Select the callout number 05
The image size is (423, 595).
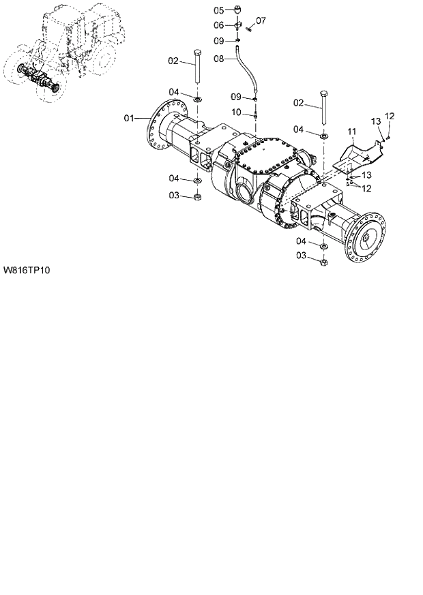218,10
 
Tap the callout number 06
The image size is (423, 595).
218,25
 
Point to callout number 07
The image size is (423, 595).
261,20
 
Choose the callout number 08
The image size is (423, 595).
218,59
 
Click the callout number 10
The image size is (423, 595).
236,112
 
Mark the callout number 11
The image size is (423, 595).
351,130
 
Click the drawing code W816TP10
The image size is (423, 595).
27,270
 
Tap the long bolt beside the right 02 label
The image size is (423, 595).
323,108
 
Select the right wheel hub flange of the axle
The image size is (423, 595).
368,242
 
